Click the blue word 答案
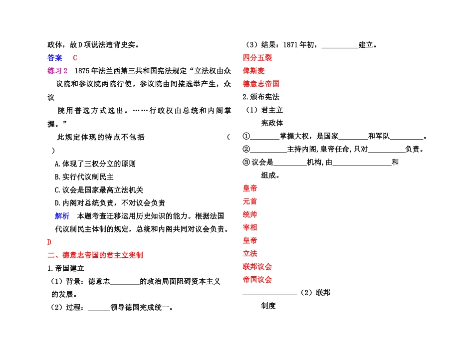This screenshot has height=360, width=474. (55, 57)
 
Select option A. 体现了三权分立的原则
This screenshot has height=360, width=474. (95, 164)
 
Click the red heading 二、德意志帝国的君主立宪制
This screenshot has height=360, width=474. (95, 255)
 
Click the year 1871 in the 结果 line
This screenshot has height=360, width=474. (290, 44)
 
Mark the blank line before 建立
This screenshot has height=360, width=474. (340, 45)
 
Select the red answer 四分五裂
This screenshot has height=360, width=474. (257, 57)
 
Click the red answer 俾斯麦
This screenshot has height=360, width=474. (254, 70)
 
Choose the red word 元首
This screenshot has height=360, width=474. (250, 201)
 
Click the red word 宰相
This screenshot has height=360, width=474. (250, 227)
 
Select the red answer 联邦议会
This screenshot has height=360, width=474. (257, 266)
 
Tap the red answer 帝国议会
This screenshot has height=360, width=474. (257, 279)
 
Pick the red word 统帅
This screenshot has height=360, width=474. (250, 214)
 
